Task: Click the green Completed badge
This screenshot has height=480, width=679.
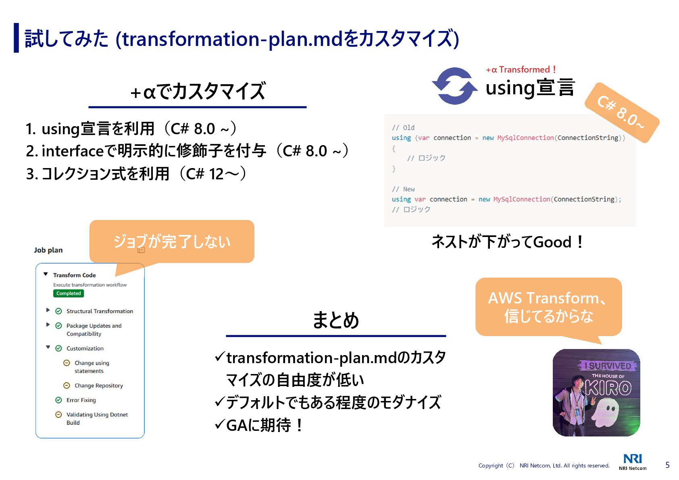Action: [x=68, y=293]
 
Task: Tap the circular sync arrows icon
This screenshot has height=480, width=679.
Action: [x=454, y=86]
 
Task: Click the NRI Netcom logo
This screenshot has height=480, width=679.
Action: [x=632, y=461]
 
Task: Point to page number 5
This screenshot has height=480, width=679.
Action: [x=667, y=465]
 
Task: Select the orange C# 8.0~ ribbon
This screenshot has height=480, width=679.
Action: [x=622, y=112]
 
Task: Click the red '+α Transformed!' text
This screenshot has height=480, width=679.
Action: [x=521, y=70]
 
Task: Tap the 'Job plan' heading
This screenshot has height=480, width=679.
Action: [x=48, y=250]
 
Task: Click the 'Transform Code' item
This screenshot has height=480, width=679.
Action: [x=74, y=275]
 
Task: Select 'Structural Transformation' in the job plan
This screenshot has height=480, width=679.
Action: [x=100, y=311]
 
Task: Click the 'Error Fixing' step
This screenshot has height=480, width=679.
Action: [x=81, y=400]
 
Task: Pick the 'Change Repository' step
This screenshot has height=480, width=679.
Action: [x=98, y=386]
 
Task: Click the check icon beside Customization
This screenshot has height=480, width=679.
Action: [x=58, y=348]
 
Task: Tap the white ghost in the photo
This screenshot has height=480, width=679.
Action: [x=605, y=412]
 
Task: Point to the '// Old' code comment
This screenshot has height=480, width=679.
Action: [x=403, y=128]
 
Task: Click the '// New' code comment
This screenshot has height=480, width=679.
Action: [x=403, y=189]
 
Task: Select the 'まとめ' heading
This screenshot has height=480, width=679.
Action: [x=335, y=320]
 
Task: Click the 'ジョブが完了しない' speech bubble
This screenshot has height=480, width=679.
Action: [x=172, y=241]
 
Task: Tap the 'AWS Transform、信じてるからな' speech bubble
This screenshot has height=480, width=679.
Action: [x=548, y=307]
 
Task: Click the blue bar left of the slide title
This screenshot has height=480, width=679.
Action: [x=16, y=38]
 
